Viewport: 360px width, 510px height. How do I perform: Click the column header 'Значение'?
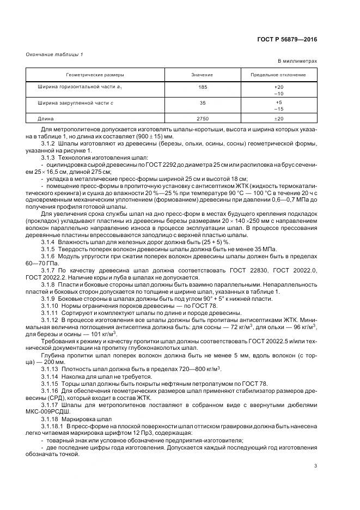[202, 75]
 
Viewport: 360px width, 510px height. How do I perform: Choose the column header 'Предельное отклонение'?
[278, 75]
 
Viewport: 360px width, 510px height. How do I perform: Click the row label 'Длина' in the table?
[46, 118]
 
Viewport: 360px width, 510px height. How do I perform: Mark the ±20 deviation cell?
[278, 118]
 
